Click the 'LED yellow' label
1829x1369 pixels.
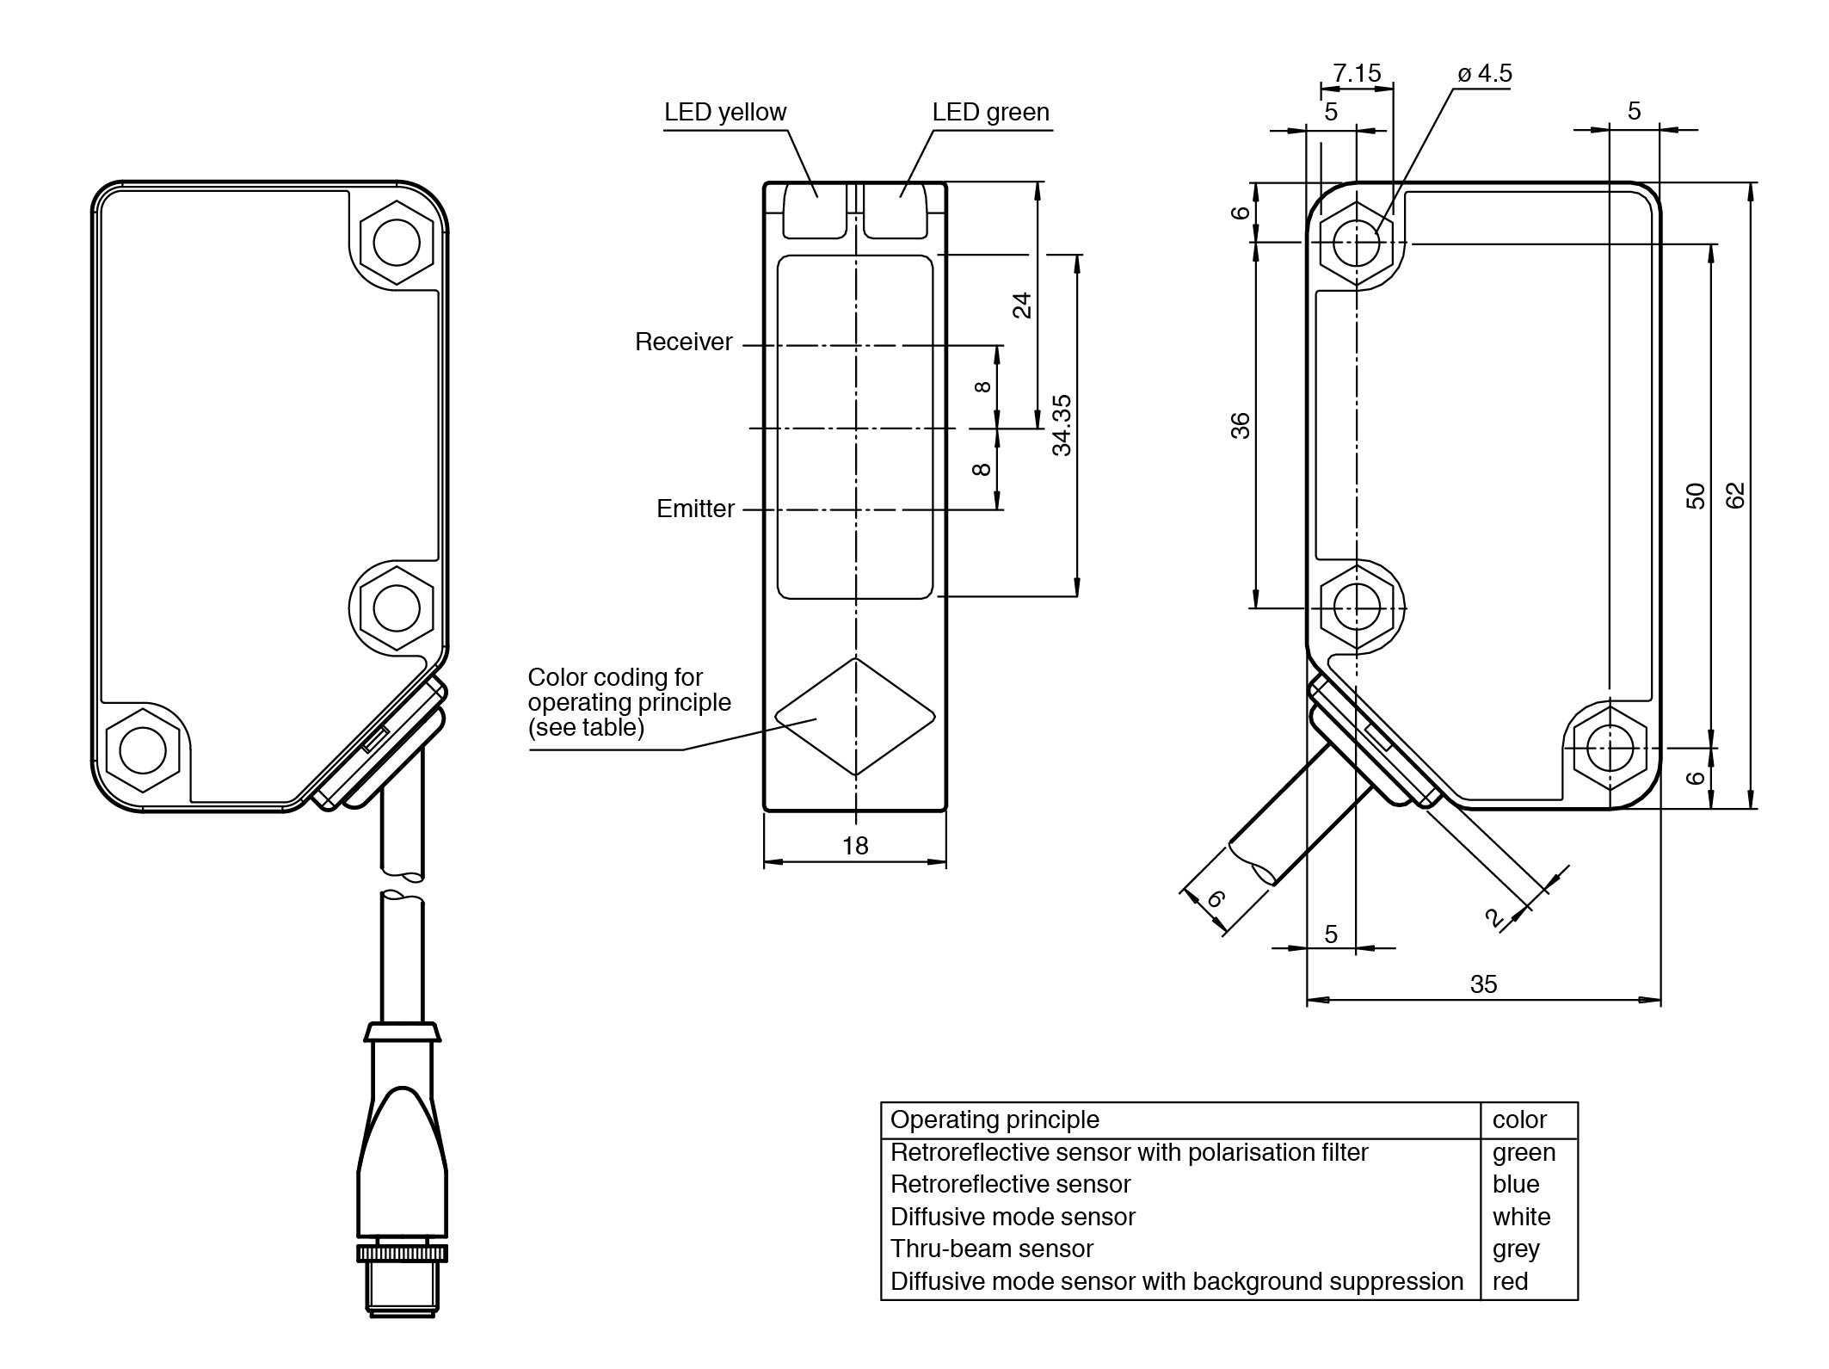point(724,113)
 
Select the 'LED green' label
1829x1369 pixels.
point(990,113)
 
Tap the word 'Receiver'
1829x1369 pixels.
point(683,342)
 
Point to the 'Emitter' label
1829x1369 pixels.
point(695,509)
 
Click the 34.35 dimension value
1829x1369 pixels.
point(1062,425)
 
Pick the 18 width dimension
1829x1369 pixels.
point(855,846)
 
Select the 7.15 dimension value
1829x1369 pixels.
point(1357,74)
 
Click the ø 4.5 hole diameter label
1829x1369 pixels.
point(1485,74)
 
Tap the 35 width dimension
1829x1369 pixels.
point(1484,984)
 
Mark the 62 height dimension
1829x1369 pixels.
point(1735,496)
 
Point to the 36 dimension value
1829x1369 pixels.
point(1240,426)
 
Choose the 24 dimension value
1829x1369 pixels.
point(1021,305)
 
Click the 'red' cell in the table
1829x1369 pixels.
point(1511,1281)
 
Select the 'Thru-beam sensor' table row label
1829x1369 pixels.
point(991,1249)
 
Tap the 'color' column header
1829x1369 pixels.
point(1519,1119)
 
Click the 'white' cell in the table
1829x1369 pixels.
point(1521,1217)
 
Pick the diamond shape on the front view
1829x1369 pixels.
point(855,717)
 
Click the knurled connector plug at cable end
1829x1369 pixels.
point(403,1252)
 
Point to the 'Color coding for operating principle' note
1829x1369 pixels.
point(629,702)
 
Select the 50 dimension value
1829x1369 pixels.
point(1695,496)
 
